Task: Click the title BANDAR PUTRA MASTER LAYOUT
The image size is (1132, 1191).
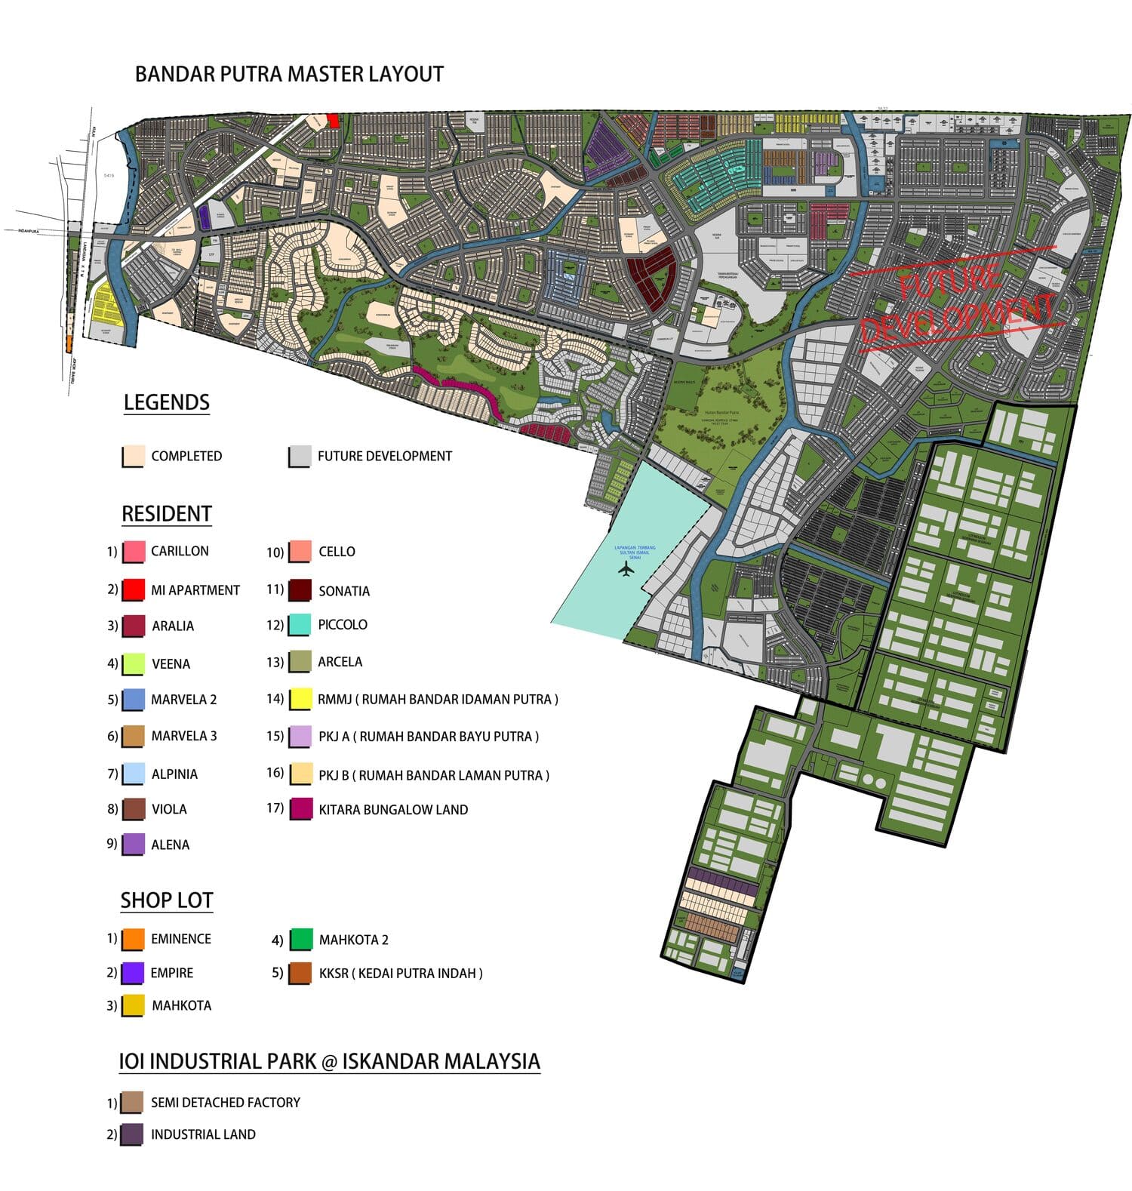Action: tap(289, 74)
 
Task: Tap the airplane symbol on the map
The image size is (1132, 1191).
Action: tap(626, 569)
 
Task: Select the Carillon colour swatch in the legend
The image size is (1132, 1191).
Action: tap(134, 552)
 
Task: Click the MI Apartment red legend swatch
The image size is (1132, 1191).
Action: tap(134, 589)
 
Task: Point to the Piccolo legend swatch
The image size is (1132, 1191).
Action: tap(300, 625)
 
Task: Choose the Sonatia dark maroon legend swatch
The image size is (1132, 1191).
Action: tap(300, 590)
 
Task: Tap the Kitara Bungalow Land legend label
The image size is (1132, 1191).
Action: tap(393, 810)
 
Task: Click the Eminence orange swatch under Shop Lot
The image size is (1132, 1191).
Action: tap(133, 939)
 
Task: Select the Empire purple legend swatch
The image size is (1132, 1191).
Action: tap(133, 973)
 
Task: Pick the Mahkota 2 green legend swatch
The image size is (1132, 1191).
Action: tap(301, 940)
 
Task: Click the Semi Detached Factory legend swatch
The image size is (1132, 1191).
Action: tap(132, 1103)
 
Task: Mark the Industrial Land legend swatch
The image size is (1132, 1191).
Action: tap(132, 1134)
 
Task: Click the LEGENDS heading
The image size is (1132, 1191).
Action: tap(167, 402)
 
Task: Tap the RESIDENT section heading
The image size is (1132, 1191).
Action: tap(167, 514)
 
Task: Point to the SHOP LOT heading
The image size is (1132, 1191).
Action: tap(167, 900)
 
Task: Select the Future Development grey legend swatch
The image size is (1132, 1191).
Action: tap(300, 456)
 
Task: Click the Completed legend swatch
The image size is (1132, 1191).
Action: tap(134, 456)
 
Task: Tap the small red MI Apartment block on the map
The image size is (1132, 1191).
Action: tap(333, 121)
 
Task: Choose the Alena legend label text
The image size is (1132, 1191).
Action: tap(170, 845)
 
